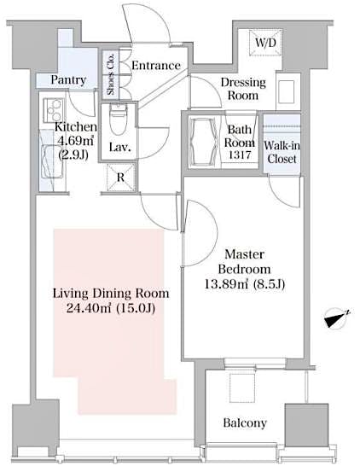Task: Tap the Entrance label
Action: tap(154, 66)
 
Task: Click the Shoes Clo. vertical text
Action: tap(110, 73)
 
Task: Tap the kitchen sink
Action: tap(47, 154)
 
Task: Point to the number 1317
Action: tap(241, 156)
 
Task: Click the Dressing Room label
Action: tap(244, 90)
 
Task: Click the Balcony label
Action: tap(245, 423)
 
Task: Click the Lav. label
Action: tap(118, 147)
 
